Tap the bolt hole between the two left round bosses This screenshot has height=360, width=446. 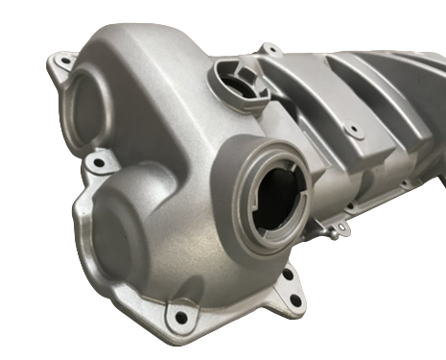(x=97, y=164)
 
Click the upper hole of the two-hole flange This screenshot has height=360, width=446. (x=286, y=276)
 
